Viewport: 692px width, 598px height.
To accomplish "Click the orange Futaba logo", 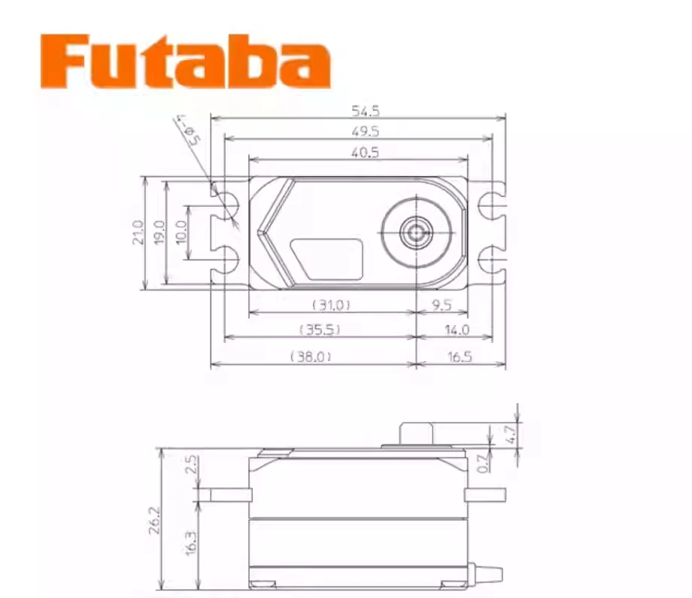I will (186, 62).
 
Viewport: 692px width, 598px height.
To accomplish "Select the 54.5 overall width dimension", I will (366, 111).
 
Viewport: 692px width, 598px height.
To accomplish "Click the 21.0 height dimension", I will (137, 233).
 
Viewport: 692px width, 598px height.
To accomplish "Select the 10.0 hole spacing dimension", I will (181, 233).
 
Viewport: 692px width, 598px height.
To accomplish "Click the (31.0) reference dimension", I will (331, 305).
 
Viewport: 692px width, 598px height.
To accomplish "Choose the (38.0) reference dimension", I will (311, 357).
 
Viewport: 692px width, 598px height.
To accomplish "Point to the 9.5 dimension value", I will (442, 305).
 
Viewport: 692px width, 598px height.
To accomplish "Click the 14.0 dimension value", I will (456, 329).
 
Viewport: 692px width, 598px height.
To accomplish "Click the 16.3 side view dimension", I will (191, 542).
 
